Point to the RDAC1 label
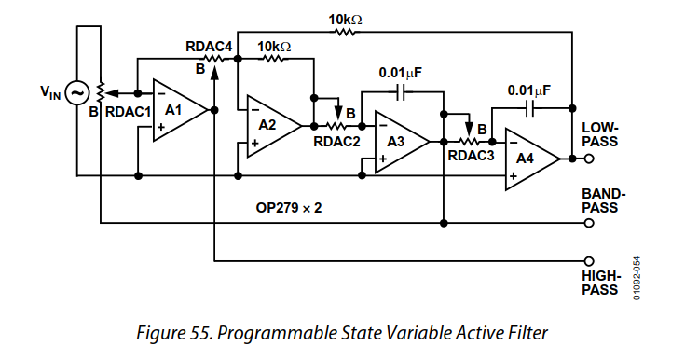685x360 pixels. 128,111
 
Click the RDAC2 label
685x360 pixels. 336,141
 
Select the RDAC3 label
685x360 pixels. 471,155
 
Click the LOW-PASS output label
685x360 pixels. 600,134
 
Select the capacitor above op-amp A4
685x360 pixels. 532,110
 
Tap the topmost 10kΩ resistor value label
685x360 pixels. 344,17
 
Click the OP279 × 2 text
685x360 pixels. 289,207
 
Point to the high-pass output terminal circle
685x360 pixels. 588,262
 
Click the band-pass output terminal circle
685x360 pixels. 588,224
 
